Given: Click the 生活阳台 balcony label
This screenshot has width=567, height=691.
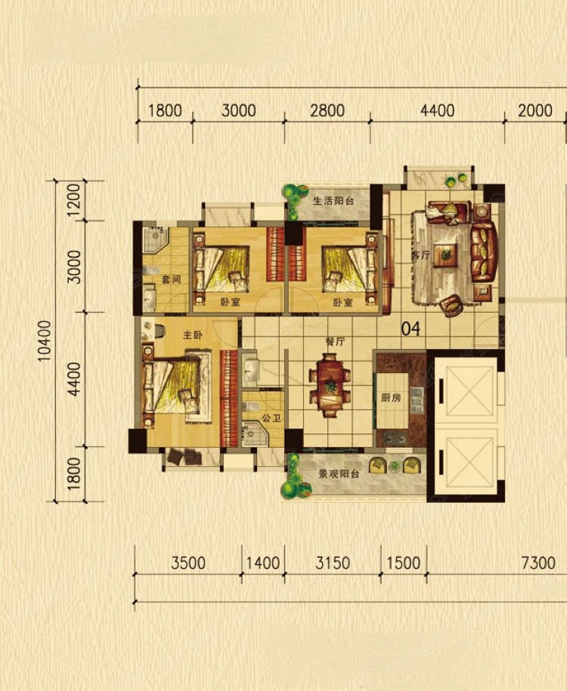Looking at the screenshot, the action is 333,201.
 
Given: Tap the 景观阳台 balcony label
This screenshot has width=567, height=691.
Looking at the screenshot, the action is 339,474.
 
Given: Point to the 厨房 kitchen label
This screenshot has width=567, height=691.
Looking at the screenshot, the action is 391,397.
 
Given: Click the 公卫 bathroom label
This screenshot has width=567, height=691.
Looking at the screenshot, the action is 271,418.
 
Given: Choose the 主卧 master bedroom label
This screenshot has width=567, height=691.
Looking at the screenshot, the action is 193,335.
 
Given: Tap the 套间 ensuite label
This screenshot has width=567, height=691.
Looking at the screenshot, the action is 171,279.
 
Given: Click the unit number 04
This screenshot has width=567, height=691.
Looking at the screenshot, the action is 411,329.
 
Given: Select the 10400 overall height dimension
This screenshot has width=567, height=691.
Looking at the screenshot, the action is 45,341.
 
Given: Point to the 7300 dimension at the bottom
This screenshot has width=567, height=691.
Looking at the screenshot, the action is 538,563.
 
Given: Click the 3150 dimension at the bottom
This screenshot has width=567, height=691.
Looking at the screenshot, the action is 333,563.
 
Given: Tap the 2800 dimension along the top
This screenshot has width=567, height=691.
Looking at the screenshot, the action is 327,110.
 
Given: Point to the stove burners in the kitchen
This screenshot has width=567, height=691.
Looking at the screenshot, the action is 395,439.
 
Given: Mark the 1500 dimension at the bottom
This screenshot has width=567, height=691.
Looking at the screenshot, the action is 403,563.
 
